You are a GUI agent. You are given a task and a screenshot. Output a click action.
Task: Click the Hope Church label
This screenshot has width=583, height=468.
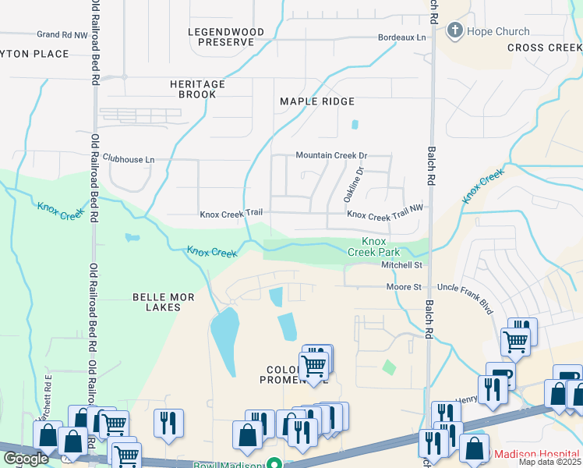pyautogui.click(x=498, y=32)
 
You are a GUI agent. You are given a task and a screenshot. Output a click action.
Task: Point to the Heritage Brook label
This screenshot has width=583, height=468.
pyautogui.click(x=198, y=89)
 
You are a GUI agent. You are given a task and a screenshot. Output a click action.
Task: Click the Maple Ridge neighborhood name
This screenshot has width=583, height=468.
pyautogui.click(x=317, y=101)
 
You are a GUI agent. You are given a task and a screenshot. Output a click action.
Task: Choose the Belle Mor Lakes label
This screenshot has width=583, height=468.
pyautogui.click(x=157, y=302)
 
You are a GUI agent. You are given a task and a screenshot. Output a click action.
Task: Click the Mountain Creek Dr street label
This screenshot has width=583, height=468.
pyautogui.click(x=331, y=155)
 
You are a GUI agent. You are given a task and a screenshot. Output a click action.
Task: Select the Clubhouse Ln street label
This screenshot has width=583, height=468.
pyautogui.click(x=129, y=159)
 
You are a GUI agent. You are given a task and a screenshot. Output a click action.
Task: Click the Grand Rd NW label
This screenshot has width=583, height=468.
pyautogui.click(x=63, y=34)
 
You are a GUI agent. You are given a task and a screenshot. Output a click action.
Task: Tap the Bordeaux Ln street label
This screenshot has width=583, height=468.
pyautogui.click(x=402, y=37)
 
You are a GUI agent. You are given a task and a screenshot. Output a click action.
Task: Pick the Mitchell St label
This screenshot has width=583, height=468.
pyautogui.click(x=401, y=266)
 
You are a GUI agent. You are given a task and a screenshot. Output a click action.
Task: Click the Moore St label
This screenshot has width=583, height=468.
pyautogui.click(x=404, y=287)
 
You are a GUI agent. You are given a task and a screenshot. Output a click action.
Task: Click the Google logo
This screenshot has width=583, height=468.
pyautogui.click(x=26, y=459)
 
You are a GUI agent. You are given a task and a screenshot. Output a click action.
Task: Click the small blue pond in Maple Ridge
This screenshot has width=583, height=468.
pyautogui.click(x=355, y=124)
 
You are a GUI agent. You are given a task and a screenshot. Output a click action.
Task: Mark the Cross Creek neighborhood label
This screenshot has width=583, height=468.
pyautogui.click(x=544, y=48)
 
